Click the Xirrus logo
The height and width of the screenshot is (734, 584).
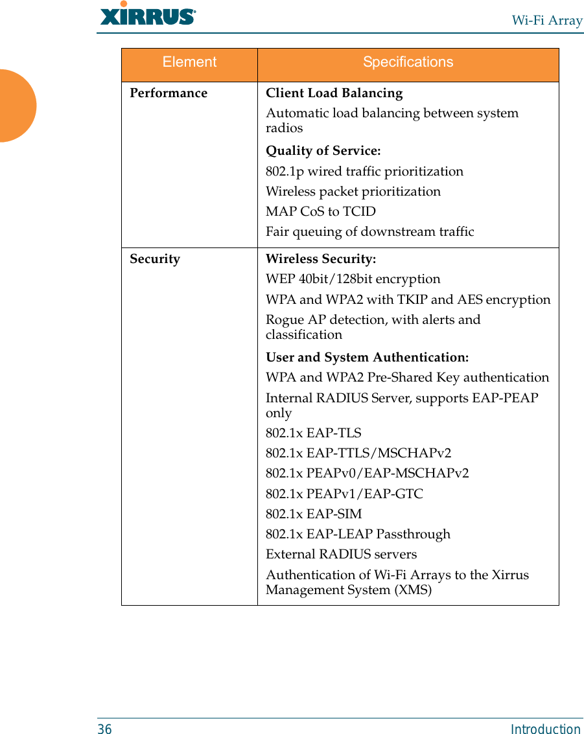tap(148, 14)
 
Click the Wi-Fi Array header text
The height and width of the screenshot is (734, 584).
tap(547, 20)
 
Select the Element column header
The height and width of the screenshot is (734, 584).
tap(189, 62)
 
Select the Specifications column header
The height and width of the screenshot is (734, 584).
tap(408, 62)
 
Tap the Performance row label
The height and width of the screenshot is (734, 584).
tap(169, 93)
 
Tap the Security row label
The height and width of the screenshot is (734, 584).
tap(155, 259)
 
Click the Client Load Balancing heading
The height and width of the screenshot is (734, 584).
tap(334, 93)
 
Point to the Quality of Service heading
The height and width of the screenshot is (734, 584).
tap(323, 151)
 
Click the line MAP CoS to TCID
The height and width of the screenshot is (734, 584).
tap(320, 212)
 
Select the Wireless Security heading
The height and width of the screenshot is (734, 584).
tap(320, 259)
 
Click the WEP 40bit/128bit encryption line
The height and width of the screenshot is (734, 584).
tap(353, 279)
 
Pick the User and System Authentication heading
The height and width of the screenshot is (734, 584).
tap(367, 358)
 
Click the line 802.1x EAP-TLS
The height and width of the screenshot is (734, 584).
tap(313, 433)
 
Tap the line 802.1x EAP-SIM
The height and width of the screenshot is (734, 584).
tap(314, 514)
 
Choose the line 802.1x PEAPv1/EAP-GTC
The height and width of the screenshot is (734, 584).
tap(344, 494)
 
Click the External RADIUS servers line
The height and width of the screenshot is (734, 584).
tap(341, 555)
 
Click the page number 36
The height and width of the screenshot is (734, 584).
tap(104, 729)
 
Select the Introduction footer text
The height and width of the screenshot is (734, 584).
tap(545, 729)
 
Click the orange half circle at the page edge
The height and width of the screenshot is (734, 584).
tap(16, 106)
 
